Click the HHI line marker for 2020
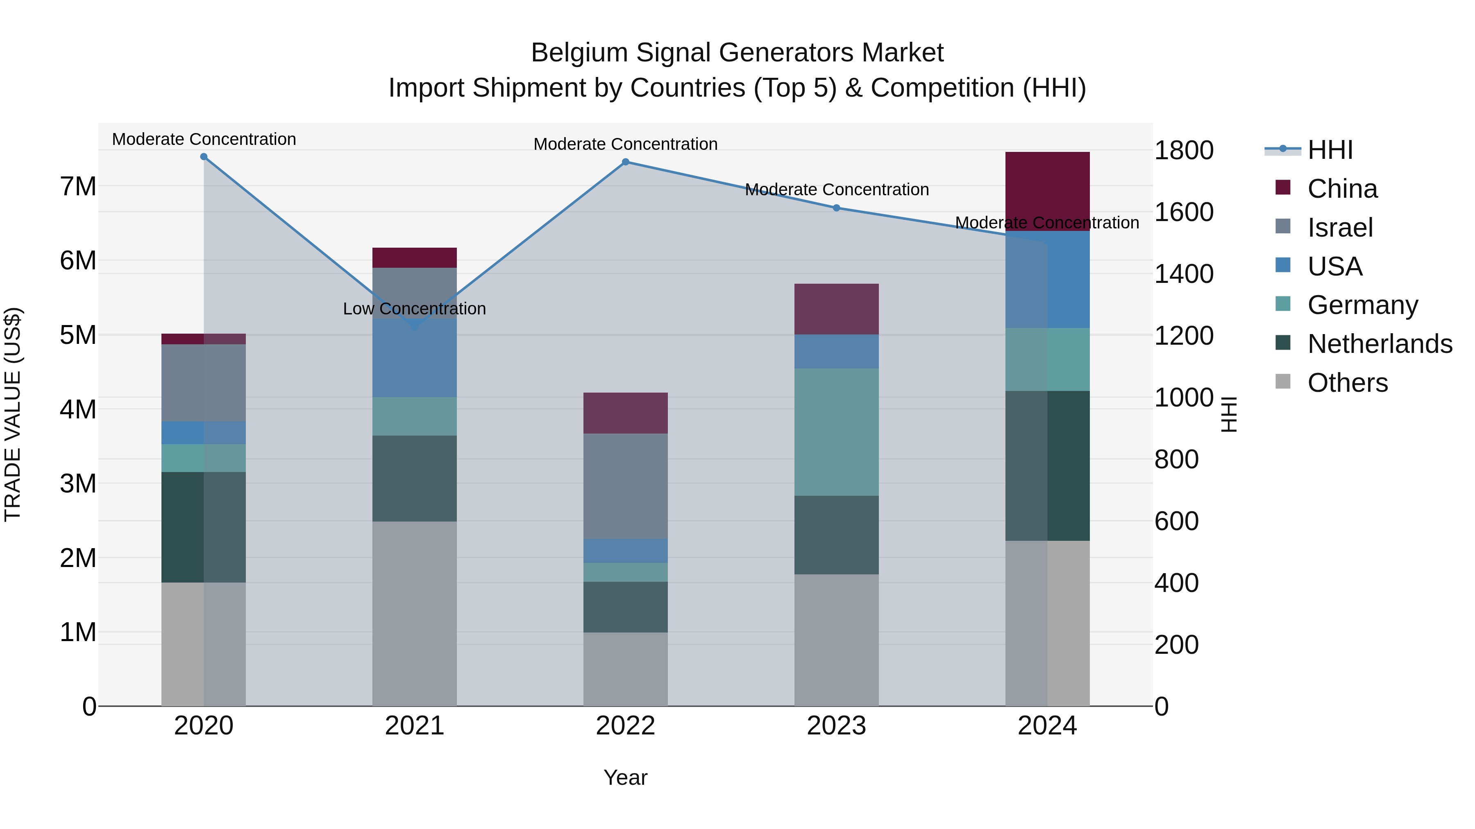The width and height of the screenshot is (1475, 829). coord(204,157)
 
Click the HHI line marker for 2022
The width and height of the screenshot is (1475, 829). coord(625,162)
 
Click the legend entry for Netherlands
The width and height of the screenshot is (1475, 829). coord(1380,344)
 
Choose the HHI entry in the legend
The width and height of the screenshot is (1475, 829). coord(1330,150)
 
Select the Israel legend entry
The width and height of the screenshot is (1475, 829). coord(1340,228)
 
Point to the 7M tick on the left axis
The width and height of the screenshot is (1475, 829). coord(78,187)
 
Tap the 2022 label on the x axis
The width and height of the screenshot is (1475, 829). coord(625,726)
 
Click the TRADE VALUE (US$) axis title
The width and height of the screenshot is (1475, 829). coord(13,414)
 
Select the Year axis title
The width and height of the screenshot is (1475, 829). coord(625,777)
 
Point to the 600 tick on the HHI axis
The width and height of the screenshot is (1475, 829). coord(1176,521)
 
